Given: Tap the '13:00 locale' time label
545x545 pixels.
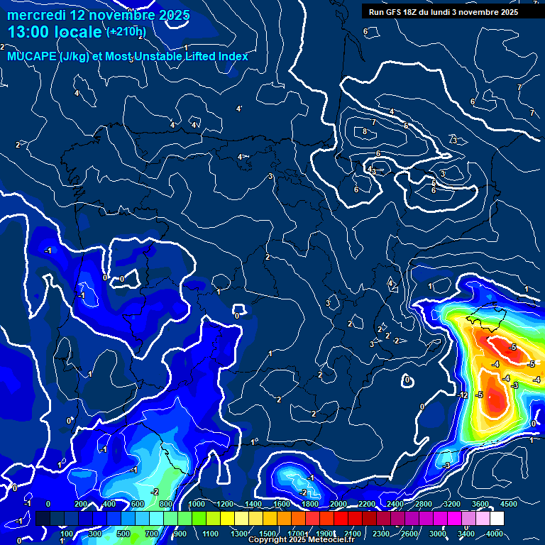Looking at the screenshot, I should click(54, 32).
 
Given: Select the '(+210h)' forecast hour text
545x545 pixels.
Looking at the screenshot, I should click(126, 32).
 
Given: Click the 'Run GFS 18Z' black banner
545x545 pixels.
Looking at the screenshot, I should click(443, 11).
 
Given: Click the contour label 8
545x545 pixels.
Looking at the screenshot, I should click(365, 131).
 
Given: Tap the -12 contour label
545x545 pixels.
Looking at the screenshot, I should click(463, 395).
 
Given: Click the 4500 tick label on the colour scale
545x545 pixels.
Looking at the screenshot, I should click(508, 504).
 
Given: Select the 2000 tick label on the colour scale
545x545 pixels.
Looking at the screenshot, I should click(338, 504).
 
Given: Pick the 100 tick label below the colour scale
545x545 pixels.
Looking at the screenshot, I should click(67, 534).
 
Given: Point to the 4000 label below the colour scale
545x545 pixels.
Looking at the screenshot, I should click(495, 534).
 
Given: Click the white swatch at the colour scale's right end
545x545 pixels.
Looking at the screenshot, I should click(517, 519).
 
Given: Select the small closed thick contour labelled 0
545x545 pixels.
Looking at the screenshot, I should click(407, 380).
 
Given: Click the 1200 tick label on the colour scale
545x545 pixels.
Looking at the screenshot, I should click(225, 504).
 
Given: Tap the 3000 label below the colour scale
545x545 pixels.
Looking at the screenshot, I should click(438, 534).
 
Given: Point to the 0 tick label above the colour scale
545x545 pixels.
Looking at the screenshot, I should click(48, 504).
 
